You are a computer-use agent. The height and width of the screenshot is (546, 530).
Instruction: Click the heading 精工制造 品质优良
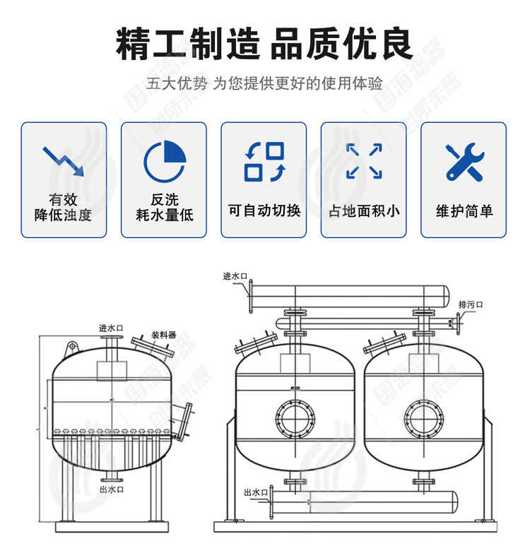(264, 44)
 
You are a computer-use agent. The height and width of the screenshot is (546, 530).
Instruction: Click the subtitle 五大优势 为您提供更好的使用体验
(264, 84)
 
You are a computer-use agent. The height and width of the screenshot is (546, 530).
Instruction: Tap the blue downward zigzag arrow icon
(64, 161)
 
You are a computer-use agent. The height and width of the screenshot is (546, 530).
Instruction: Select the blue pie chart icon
(164, 161)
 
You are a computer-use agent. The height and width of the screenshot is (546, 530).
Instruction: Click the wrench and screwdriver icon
(464, 161)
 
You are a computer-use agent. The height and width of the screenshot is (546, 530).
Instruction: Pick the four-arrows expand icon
(364, 161)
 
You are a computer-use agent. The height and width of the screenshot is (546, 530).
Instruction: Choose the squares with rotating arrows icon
(264, 161)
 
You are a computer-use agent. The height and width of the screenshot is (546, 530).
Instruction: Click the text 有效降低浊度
(64, 208)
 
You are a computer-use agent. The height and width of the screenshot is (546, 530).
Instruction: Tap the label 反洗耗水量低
(164, 208)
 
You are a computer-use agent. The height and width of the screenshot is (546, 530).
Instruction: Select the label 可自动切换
(264, 210)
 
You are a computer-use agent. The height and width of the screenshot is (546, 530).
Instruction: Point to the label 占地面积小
(364, 210)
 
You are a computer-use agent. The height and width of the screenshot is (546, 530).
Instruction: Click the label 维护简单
(464, 210)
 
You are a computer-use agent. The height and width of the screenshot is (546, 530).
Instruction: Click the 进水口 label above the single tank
(111, 328)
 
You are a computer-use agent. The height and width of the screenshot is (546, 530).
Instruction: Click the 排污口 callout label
(470, 304)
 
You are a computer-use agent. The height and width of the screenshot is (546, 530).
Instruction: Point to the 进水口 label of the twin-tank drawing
(235, 276)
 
